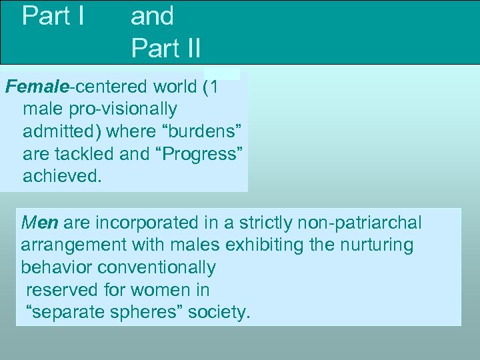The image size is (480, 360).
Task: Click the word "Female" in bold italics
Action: pyautogui.click(x=37, y=87)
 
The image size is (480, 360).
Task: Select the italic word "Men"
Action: pyautogui.click(x=40, y=222)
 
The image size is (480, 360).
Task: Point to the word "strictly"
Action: pyautogui.click(x=242, y=222)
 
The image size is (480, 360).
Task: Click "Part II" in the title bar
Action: pyautogui.click(x=166, y=48)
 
